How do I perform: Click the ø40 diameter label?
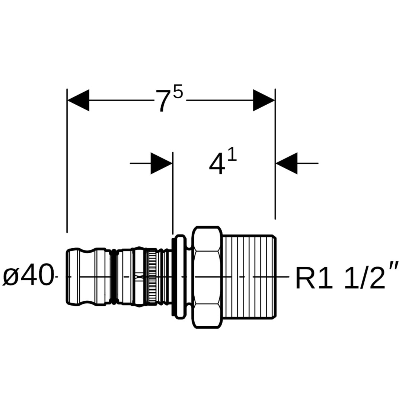[28, 276]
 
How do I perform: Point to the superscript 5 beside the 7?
[178, 91]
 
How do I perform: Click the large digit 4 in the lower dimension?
[217, 165]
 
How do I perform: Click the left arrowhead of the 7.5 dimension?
[78, 100]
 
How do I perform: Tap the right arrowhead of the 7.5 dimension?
[264, 100]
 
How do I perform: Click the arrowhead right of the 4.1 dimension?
[287, 163]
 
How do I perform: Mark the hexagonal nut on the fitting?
[207, 277]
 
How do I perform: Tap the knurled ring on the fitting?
[151, 277]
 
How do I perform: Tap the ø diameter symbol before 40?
[11, 277]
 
